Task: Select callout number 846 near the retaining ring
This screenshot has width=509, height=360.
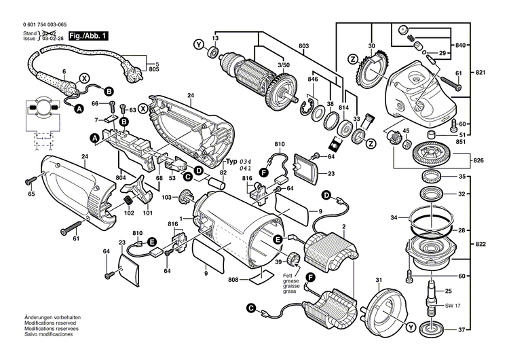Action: (312, 80)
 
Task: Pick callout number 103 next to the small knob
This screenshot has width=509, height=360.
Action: (166, 197)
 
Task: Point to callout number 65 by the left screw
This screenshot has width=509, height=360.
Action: (31, 194)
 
